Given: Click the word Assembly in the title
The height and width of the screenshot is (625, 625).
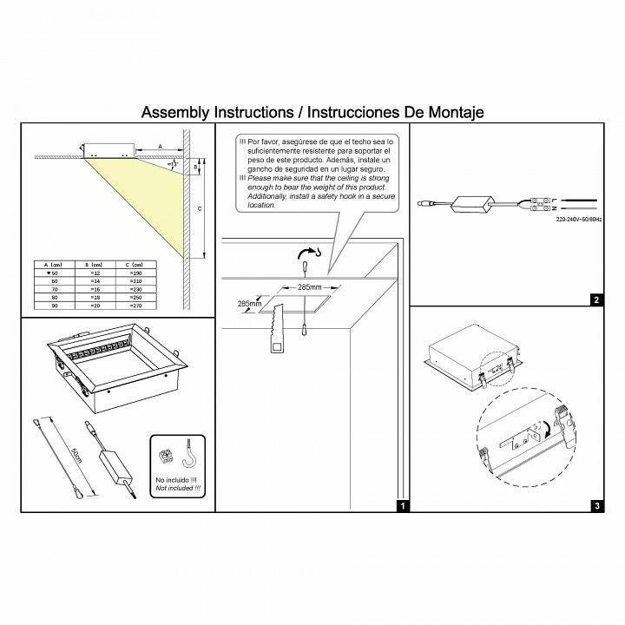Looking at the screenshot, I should click(171, 113).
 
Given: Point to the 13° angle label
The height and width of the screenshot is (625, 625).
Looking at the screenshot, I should click(174, 163).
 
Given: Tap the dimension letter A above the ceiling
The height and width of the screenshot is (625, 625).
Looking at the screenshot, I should click(161, 147).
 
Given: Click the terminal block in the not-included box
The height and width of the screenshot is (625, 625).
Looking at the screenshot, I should click(165, 455).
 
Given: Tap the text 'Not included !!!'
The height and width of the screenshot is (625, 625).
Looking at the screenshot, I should click(177, 490).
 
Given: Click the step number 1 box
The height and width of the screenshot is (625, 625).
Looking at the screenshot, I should click(401, 505).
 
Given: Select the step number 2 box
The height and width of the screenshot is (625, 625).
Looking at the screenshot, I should click(596, 301).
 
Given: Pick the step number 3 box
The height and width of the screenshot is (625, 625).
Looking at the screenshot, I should click(596, 505).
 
